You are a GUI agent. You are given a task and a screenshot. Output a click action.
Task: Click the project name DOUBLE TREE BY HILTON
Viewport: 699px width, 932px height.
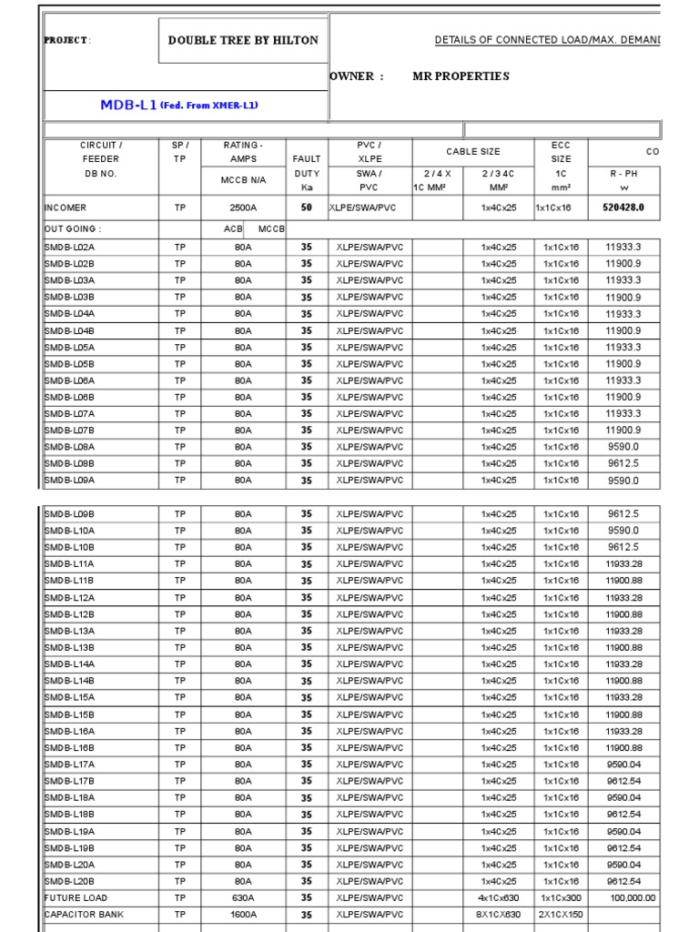pyautogui.click(x=243, y=40)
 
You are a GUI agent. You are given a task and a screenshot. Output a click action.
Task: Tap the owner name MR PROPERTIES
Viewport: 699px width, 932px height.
pyautogui.click(x=461, y=76)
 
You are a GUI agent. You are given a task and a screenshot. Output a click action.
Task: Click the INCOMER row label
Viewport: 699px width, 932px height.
pyautogui.click(x=66, y=208)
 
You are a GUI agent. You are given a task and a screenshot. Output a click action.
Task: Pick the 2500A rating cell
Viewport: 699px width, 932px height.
pyautogui.click(x=243, y=208)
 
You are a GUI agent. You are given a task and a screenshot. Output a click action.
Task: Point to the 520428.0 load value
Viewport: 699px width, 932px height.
pyautogui.click(x=623, y=208)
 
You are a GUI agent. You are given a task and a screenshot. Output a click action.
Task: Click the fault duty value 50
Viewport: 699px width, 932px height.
pyautogui.click(x=307, y=208)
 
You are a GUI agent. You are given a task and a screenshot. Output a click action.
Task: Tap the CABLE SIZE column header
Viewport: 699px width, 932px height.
pyautogui.click(x=472, y=152)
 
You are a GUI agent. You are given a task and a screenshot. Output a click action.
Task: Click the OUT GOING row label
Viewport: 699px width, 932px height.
pyautogui.click(x=74, y=229)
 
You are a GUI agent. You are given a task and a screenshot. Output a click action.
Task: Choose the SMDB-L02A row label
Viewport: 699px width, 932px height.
pyautogui.click(x=70, y=247)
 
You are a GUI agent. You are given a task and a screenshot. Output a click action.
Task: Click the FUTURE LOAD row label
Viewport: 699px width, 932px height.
pyautogui.click(x=76, y=897)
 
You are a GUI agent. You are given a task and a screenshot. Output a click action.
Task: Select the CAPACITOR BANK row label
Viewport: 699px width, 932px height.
pyautogui.click(x=84, y=915)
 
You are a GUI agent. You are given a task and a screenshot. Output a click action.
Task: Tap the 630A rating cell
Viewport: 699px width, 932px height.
pyautogui.click(x=243, y=897)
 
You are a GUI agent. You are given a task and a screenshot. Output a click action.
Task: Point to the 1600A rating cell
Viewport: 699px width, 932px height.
pyautogui.click(x=243, y=915)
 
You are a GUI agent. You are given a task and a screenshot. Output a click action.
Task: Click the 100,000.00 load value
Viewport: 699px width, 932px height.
pyautogui.click(x=632, y=897)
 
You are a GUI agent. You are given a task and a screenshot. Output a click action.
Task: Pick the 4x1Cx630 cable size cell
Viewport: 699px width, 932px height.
pyautogui.click(x=498, y=897)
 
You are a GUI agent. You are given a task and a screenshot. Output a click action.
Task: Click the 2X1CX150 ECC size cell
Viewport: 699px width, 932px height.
pyautogui.click(x=561, y=915)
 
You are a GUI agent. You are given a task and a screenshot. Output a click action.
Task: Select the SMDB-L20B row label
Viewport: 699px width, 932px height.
pyautogui.click(x=70, y=881)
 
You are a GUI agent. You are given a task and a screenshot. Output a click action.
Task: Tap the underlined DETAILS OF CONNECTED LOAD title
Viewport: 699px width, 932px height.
pyautogui.click(x=547, y=40)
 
